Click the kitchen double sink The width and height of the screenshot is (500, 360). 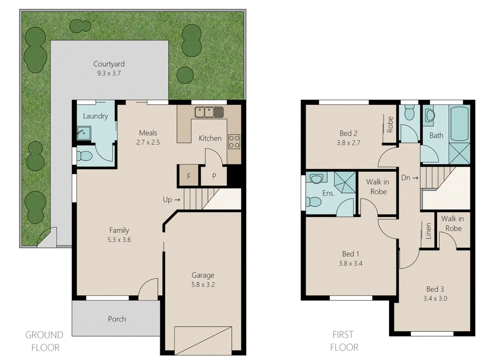pyautogui.click(x=209, y=112)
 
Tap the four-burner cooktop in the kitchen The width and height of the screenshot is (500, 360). pyautogui.click(x=234, y=142)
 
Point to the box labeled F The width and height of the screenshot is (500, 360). pyautogui.click(x=189, y=176)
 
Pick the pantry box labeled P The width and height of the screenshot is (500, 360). pyautogui.click(x=214, y=176)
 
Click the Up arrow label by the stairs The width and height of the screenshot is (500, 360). pyautogui.click(x=171, y=200)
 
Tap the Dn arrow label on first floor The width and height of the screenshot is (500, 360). pyautogui.click(x=409, y=178)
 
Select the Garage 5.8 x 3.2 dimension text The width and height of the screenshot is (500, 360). pyautogui.click(x=203, y=285)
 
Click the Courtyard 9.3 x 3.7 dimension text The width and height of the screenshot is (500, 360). pyautogui.click(x=109, y=73)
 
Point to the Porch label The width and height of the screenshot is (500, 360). pyautogui.click(x=117, y=319)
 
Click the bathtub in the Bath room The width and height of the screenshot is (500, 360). pyautogui.click(x=459, y=123)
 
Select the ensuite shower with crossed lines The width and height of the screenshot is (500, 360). pyautogui.click(x=345, y=182)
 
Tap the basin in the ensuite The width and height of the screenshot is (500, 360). pyautogui.click(x=316, y=179)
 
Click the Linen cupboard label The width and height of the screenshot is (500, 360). pyautogui.click(x=428, y=231)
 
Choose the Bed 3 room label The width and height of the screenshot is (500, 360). pyautogui.click(x=435, y=289)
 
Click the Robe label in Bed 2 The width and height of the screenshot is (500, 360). pyautogui.click(x=390, y=124)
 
